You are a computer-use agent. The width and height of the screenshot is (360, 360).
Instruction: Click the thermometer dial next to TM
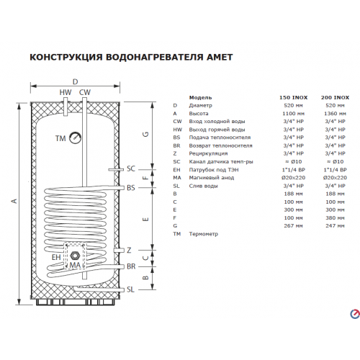click(x=76, y=138)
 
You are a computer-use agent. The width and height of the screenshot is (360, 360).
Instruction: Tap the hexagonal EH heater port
click(x=75, y=256)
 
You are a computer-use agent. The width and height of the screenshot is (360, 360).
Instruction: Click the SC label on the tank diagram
click(x=131, y=168)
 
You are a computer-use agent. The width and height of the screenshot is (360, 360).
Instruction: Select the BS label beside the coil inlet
click(x=131, y=188)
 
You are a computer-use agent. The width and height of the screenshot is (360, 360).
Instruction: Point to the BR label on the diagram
click(x=131, y=266)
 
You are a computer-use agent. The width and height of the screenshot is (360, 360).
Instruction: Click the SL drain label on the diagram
click(x=130, y=289)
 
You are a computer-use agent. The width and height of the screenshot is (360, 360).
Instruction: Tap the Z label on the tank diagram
click(x=129, y=251)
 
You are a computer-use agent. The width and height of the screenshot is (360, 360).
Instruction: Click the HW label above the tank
click(x=66, y=92)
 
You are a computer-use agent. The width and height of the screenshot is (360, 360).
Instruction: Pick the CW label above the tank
click(x=85, y=92)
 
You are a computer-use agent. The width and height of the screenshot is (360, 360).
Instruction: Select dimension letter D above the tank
click(x=76, y=82)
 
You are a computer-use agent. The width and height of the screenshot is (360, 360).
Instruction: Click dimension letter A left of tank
click(x=15, y=201)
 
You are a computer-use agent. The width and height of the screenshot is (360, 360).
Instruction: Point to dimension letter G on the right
click(x=145, y=134)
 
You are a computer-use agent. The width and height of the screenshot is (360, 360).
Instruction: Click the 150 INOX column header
click(x=293, y=98)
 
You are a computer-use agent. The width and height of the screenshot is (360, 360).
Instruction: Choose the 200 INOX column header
click(x=335, y=98)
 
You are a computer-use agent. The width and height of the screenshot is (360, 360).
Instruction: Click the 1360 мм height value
click(x=335, y=114)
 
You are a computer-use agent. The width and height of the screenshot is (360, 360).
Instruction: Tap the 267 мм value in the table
click(x=293, y=226)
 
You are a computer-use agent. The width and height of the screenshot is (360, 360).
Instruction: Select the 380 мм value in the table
click(x=335, y=218)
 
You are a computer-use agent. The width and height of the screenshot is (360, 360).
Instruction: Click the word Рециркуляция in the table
click(x=208, y=153)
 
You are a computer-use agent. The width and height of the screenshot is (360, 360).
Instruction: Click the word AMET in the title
click(x=220, y=58)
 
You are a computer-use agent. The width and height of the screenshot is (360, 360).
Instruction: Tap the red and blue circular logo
click(x=355, y=314)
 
